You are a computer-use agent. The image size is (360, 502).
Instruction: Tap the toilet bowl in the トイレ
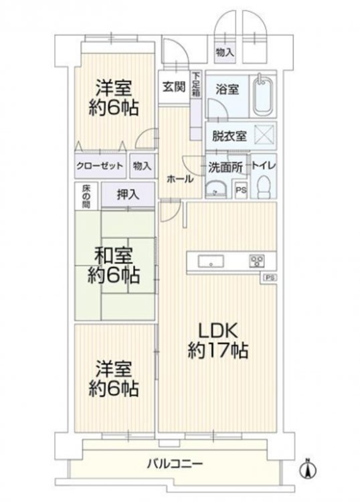click(264, 187)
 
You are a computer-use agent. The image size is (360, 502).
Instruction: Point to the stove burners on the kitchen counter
click(257, 261)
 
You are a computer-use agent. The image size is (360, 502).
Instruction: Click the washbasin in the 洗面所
click(216, 189)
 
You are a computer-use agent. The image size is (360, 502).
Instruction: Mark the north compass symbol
click(308, 469)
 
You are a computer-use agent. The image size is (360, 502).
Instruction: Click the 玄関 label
click(174, 87)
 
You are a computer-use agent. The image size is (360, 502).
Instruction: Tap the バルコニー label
click(175, 464)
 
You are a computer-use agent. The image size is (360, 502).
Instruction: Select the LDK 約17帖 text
click(218, 340)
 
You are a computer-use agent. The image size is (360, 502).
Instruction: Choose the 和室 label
click(114, 255)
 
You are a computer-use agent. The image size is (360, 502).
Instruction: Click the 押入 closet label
click(128, 195)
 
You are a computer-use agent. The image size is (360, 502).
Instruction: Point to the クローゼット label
click(100, 166)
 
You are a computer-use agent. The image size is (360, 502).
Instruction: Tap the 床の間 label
click(86, 196)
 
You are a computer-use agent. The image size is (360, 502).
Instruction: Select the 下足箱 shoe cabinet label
click(196, 85)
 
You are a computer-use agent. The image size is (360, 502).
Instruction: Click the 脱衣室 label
click(230, 137)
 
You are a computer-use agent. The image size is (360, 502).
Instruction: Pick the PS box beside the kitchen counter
click(270, 278)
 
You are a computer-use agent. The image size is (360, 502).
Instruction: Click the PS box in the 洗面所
click(242, 190)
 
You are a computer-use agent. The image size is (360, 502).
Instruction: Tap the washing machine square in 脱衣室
click(264, 135)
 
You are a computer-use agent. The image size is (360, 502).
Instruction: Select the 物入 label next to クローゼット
click(142, 166)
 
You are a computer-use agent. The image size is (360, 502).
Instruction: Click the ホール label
click(180, 179)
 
